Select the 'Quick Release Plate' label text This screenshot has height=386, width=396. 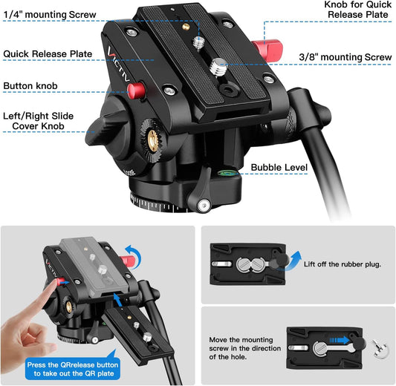click(47, 53)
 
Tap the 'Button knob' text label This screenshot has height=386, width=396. click(32, 86)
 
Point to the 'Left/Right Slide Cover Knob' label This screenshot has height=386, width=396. click(44, 121)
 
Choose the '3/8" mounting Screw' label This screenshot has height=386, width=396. click(345, 57)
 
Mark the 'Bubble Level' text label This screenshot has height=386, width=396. click(279, 169)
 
